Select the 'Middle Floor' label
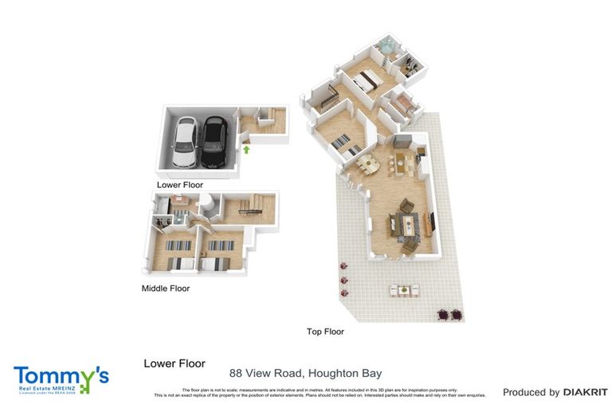pos(166,288)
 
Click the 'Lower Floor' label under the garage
pos(180,185)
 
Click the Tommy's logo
pos(61,379)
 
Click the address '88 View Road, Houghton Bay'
pos(305,373)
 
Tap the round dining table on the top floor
pos(367,163)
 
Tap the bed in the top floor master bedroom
pos(367,80)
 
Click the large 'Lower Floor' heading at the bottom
pos(175,363)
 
